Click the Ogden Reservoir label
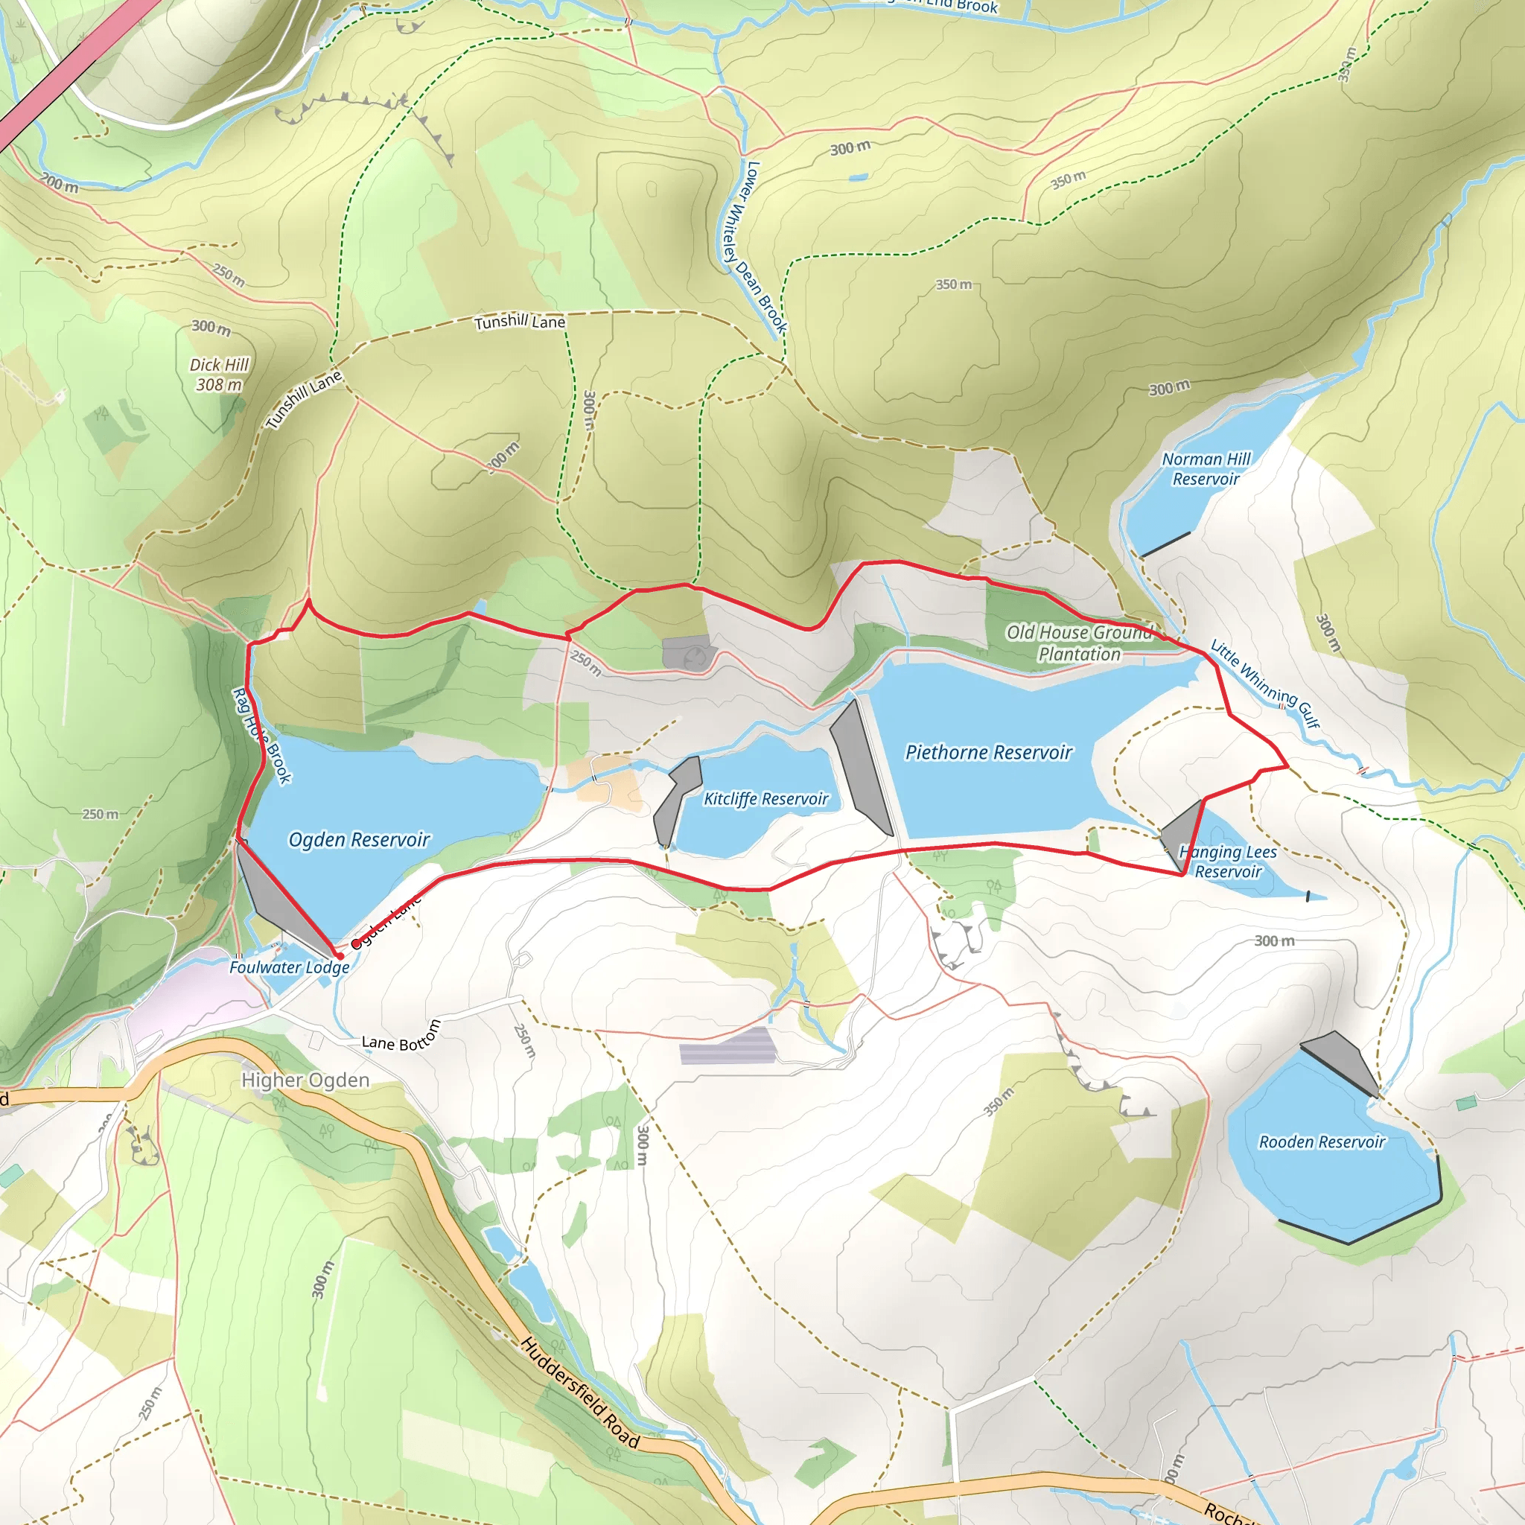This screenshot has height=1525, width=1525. (x=359, y=839)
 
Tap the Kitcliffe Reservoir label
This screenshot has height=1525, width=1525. (x=765, y=799)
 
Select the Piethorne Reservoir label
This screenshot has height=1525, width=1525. (x=988, y=752)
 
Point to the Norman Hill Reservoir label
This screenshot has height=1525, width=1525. (x=1206, y=469)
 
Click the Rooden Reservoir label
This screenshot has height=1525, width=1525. (x=1322, y=1142)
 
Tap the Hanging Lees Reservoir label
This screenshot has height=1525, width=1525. (x=1227, y=862)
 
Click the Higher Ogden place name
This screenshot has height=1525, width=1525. (x=305, y=1080)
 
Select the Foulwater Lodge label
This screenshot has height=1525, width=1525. (x=289, y=968)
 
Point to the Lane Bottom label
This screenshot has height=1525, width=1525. (x=401, y=1037)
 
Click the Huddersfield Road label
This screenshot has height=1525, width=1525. (x=579, y=1393)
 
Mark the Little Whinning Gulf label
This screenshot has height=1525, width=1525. (x=1264, y=684)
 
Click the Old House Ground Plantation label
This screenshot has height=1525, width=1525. (x=1079, y=643)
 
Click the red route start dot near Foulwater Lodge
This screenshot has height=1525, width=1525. (x=340, y=956)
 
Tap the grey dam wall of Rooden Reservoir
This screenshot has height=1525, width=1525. (x=1340, y=1062)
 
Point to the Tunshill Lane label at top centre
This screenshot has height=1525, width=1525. (x=520, y=322)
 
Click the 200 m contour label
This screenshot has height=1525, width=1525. (x=60, y=184)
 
